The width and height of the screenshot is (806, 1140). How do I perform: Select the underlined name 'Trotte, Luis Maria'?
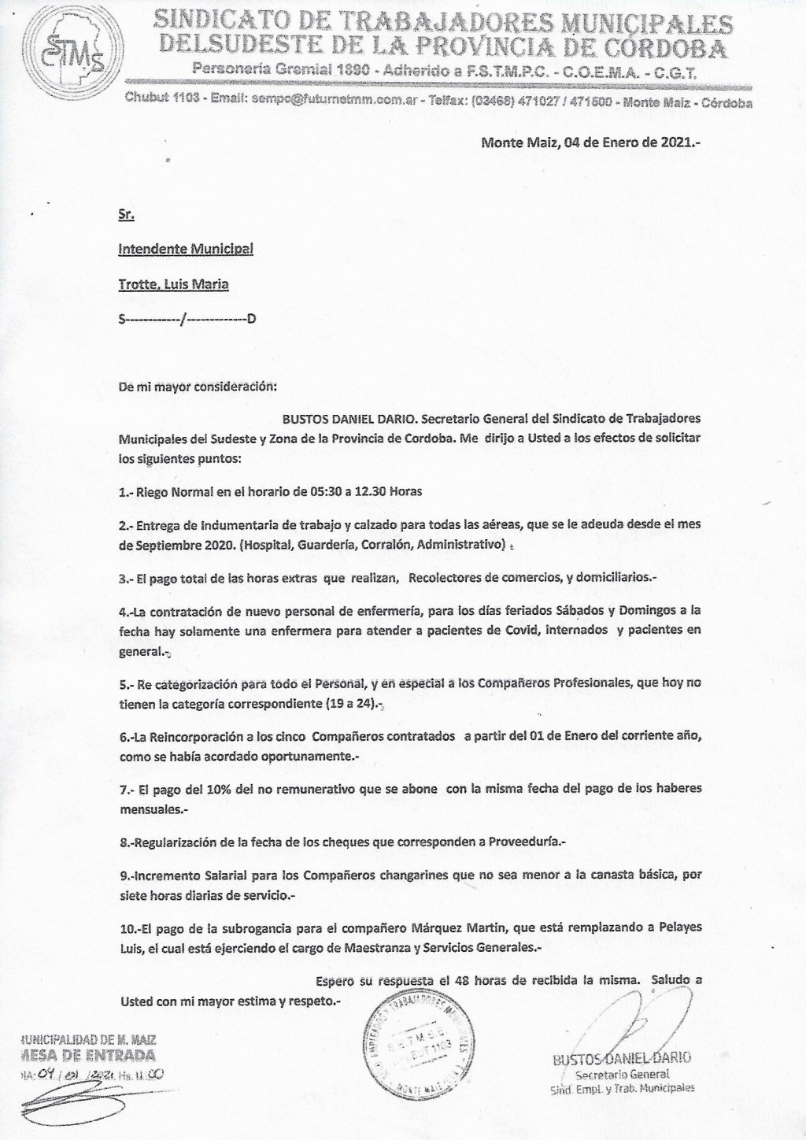pyautogui.click(x=173, y=284)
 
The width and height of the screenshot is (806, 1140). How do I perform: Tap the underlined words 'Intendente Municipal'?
pyautogui.click(x=186, y=249)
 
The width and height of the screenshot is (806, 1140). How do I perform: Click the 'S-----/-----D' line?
pyautogui.click(x=187, y=319)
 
